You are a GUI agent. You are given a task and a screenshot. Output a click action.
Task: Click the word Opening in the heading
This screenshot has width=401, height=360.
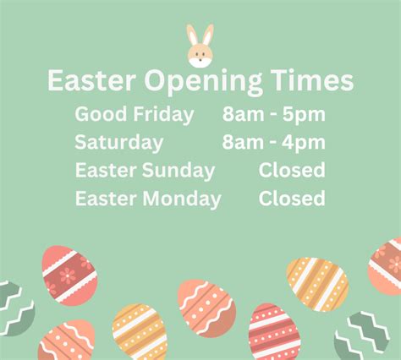203,82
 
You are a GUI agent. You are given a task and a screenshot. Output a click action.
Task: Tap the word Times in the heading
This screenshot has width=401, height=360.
312,79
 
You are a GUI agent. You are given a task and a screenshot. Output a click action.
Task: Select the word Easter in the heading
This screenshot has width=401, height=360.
91,80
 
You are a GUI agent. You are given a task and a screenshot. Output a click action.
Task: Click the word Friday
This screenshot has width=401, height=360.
163,115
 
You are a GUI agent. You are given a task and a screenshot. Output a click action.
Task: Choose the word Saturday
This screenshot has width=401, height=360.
119,143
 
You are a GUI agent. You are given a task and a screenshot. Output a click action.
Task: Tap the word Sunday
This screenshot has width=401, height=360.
179,172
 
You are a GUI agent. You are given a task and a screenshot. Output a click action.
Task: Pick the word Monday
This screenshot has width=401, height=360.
182,199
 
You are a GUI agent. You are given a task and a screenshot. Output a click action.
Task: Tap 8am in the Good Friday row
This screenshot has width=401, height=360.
243,114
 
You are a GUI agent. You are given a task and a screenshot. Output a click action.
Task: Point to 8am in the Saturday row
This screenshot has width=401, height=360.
243,142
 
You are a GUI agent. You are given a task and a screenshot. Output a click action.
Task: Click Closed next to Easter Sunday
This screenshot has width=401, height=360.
292,170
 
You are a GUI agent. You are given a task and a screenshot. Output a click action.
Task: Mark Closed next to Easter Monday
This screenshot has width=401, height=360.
292,198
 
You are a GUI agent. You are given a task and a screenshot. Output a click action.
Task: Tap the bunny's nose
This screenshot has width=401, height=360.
200,60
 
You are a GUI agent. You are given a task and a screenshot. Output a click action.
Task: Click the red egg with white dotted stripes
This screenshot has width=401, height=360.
274,332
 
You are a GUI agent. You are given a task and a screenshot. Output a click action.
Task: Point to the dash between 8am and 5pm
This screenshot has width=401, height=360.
273,115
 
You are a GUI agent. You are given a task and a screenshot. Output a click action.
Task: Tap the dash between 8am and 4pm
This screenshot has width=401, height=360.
272,144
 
